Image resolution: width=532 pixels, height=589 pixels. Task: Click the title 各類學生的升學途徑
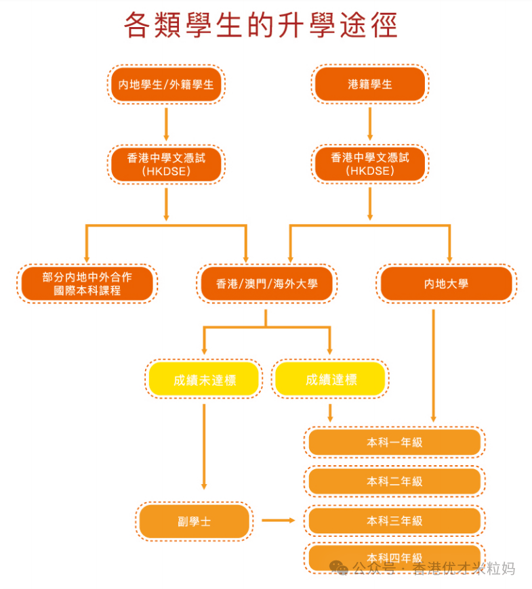[260, 25]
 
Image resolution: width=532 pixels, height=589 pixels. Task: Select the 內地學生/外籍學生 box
[166, 84]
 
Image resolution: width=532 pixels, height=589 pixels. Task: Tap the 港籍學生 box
[370, 84]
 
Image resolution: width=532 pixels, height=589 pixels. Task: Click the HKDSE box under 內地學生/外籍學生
[166, 165]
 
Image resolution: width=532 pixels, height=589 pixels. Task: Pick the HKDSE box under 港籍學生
[370, 164]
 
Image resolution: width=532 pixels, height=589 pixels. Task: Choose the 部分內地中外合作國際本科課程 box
[87, 284]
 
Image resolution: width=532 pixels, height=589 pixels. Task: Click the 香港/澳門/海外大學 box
[267, 284]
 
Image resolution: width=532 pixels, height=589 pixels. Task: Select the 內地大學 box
[447, 284]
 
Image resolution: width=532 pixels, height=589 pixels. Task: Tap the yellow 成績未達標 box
[204, 379]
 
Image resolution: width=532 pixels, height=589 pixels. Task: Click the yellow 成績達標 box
[331, 379]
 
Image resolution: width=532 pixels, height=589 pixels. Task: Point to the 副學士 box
[195, 521]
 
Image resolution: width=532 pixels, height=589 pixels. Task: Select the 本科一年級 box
[395, 442]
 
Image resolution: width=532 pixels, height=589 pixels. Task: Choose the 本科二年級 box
[395, 481]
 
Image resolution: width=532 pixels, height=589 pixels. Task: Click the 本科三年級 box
[395, 521]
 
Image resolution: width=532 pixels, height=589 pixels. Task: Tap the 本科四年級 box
[395, 559]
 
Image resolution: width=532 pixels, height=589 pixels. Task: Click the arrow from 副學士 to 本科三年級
[279, 520]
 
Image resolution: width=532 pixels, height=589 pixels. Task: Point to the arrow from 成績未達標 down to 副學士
[204, 447]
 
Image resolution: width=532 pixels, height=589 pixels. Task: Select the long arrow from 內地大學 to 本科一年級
[434, 366]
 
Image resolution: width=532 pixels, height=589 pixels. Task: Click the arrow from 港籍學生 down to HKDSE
[370, 124]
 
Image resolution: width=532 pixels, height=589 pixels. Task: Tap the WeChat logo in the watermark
[339, 568]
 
